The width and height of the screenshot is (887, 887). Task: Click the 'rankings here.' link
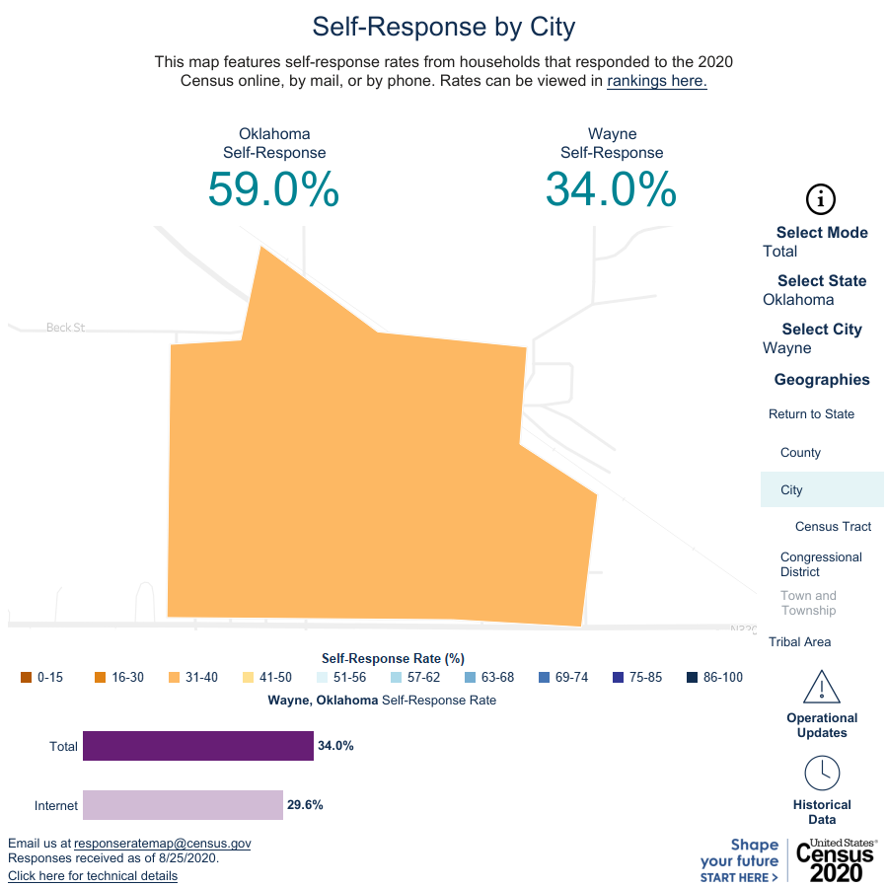[656, 81]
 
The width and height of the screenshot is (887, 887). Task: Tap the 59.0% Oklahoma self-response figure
[273, 188]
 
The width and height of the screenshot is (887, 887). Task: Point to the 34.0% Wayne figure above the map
[611, 188]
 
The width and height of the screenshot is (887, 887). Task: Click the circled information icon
[821, 199]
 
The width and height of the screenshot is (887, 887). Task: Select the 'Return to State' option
[811, 414]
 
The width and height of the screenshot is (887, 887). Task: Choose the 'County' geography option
[800, 453]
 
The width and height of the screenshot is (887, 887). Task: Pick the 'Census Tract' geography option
[833, 527]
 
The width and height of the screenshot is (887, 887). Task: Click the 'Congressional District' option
[820, 564]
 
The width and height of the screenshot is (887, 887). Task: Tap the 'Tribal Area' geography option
[799, 642]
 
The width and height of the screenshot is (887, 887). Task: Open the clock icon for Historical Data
[822, 773]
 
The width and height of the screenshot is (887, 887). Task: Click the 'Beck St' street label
[65, 327]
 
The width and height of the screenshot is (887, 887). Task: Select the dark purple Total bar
[197, 746]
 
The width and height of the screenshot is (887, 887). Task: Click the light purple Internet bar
[183, 805]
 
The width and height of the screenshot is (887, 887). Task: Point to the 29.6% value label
[305, 805]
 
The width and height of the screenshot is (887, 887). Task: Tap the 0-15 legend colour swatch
[26, 677]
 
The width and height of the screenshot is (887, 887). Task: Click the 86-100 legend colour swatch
[692, 677]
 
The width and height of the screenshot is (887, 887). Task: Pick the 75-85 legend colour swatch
[618, 677]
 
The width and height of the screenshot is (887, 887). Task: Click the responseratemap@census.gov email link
[163, 844]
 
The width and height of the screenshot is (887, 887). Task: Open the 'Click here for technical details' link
[93, 875]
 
